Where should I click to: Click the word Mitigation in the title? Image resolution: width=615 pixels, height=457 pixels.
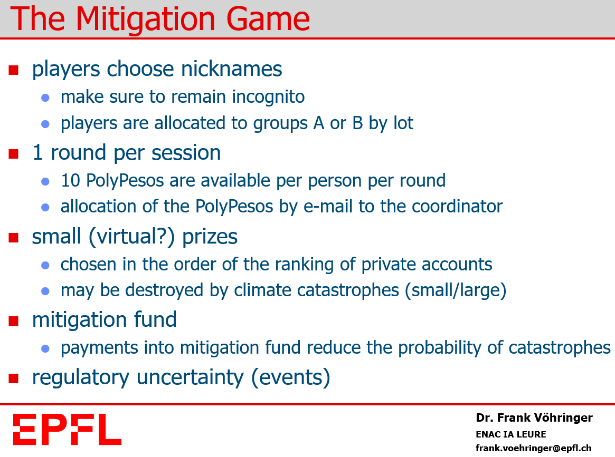pyautogui.click(x=145, y=20)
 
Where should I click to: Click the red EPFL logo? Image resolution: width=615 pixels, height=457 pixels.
pyautogui.click(x=67, y=430)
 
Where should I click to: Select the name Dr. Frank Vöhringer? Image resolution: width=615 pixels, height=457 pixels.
pyautogui.click(x=534, y=417)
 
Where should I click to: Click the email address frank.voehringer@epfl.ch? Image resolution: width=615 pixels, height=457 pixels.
pyautogui.click(x=533, y=448)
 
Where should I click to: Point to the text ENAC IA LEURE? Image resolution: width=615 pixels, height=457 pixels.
pyautogui.click(x=510, y=434)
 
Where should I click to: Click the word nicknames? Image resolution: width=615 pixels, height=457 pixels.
pyautogui.click(x=231, y=69)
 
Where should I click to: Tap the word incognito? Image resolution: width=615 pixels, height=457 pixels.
pyautogui.click(x=268, y=98)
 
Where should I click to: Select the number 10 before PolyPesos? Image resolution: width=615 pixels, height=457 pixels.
pyautogui.click(x=71, y=180)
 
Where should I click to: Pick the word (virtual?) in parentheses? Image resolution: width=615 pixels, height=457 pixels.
pyautogui.click(x=132, y=237)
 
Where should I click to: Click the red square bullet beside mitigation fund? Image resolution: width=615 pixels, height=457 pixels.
pyautogui.click(x=14, y=321)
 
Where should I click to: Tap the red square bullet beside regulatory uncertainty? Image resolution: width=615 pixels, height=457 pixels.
pyautogui.click(x=14, y=378)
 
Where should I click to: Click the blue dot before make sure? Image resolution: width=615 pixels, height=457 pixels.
pyautogui.click(x=45, y=98)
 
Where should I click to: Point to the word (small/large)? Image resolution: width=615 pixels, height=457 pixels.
pyautogui.click(x=456, y=291)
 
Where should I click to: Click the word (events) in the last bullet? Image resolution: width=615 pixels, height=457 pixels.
pyautogui.click(x=290, y=378)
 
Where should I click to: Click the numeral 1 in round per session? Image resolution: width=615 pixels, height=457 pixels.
pyautogui.click(x=37, y=152)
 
